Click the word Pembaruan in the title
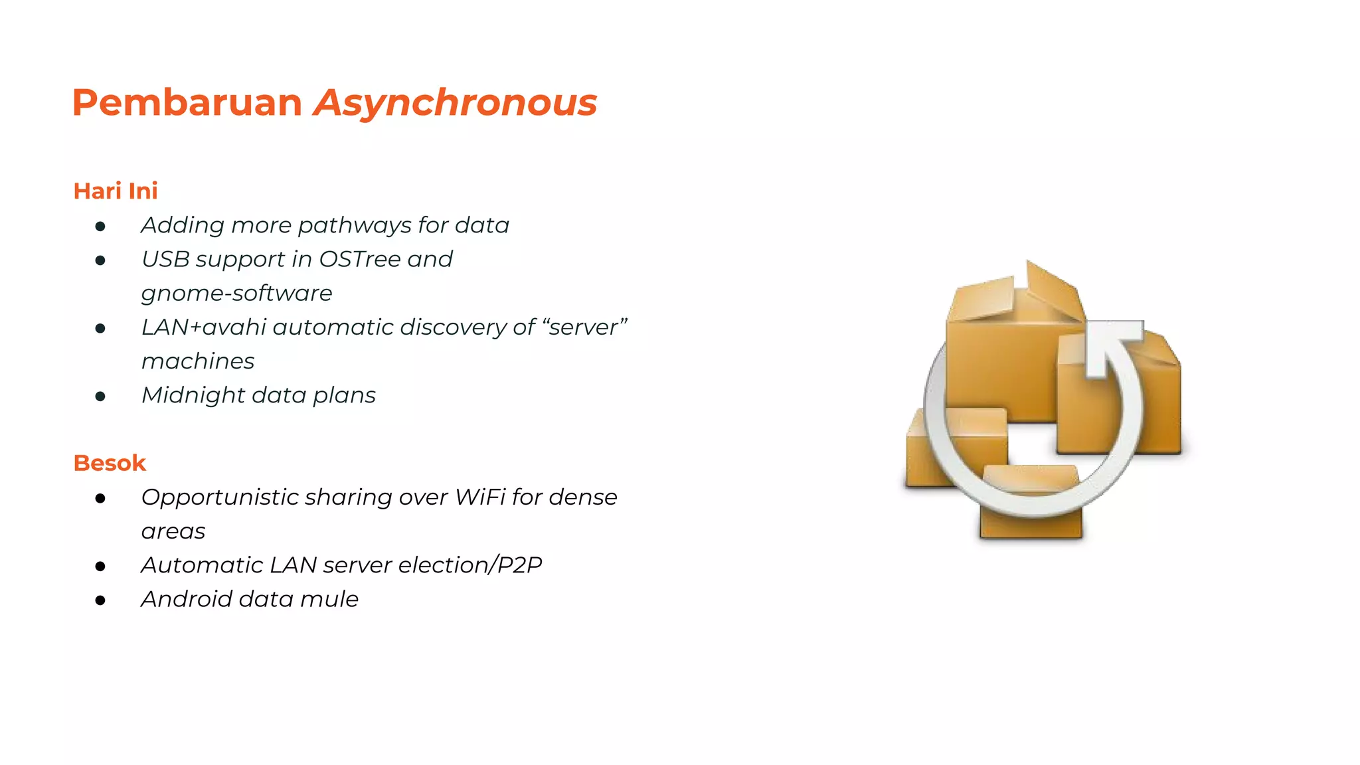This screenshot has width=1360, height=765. (x=187, y=103)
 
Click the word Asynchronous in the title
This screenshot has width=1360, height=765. (x=456, y=103)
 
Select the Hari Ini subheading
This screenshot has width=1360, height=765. (x=116, y=191)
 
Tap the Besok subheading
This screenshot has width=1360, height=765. (x=110, y=463)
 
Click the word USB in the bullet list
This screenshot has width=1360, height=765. (x=165, y=259)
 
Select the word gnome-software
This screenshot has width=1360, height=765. (x=236, y=294)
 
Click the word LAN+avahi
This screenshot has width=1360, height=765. (x=204, y=327)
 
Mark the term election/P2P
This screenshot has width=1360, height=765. (x=470, y=565)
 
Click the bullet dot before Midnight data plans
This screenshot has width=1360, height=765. (x=100, y=396)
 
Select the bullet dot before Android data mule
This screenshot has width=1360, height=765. (x=100, y=600)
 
